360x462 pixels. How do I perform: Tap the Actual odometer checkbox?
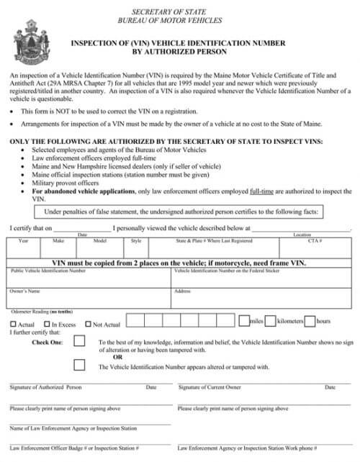(x=12, y=325)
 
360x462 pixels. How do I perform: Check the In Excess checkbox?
(x=46, y=325)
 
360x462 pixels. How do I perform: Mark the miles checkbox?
(x=243, y=320)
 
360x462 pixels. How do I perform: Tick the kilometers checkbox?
(x=270, y=320)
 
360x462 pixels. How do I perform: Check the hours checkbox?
(x=310, y=320)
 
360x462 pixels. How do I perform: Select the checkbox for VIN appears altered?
(x=79, y=366)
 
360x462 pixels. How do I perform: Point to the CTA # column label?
(x=315, y=240)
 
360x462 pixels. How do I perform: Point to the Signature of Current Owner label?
(x=210, y=387)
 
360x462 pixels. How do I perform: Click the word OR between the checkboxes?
(x=118, y=358)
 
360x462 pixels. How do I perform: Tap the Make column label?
(x=59, y=240)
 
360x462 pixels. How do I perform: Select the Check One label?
(x=48, y=342)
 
